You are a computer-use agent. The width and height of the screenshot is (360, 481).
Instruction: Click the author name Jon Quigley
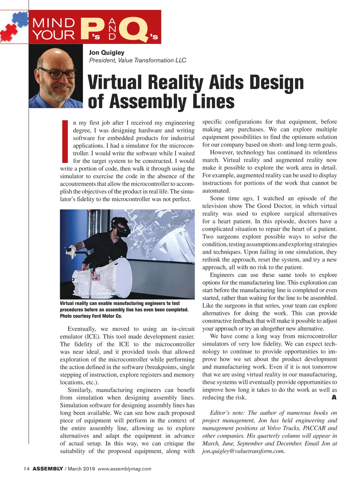106,53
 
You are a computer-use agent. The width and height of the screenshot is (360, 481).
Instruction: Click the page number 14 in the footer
26,469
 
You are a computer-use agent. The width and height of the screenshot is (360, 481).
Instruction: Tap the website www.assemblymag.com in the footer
124,469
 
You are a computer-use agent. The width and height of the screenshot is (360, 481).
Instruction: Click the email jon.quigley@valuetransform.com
243,451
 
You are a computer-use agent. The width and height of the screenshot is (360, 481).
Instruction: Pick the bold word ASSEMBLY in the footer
48,469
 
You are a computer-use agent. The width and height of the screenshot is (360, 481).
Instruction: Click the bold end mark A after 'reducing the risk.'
334,398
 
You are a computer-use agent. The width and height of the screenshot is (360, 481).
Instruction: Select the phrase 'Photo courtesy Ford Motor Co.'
91,316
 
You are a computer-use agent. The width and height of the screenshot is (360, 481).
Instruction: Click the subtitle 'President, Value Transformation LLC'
138,60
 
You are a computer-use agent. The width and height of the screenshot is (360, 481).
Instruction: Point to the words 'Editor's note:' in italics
228,413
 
